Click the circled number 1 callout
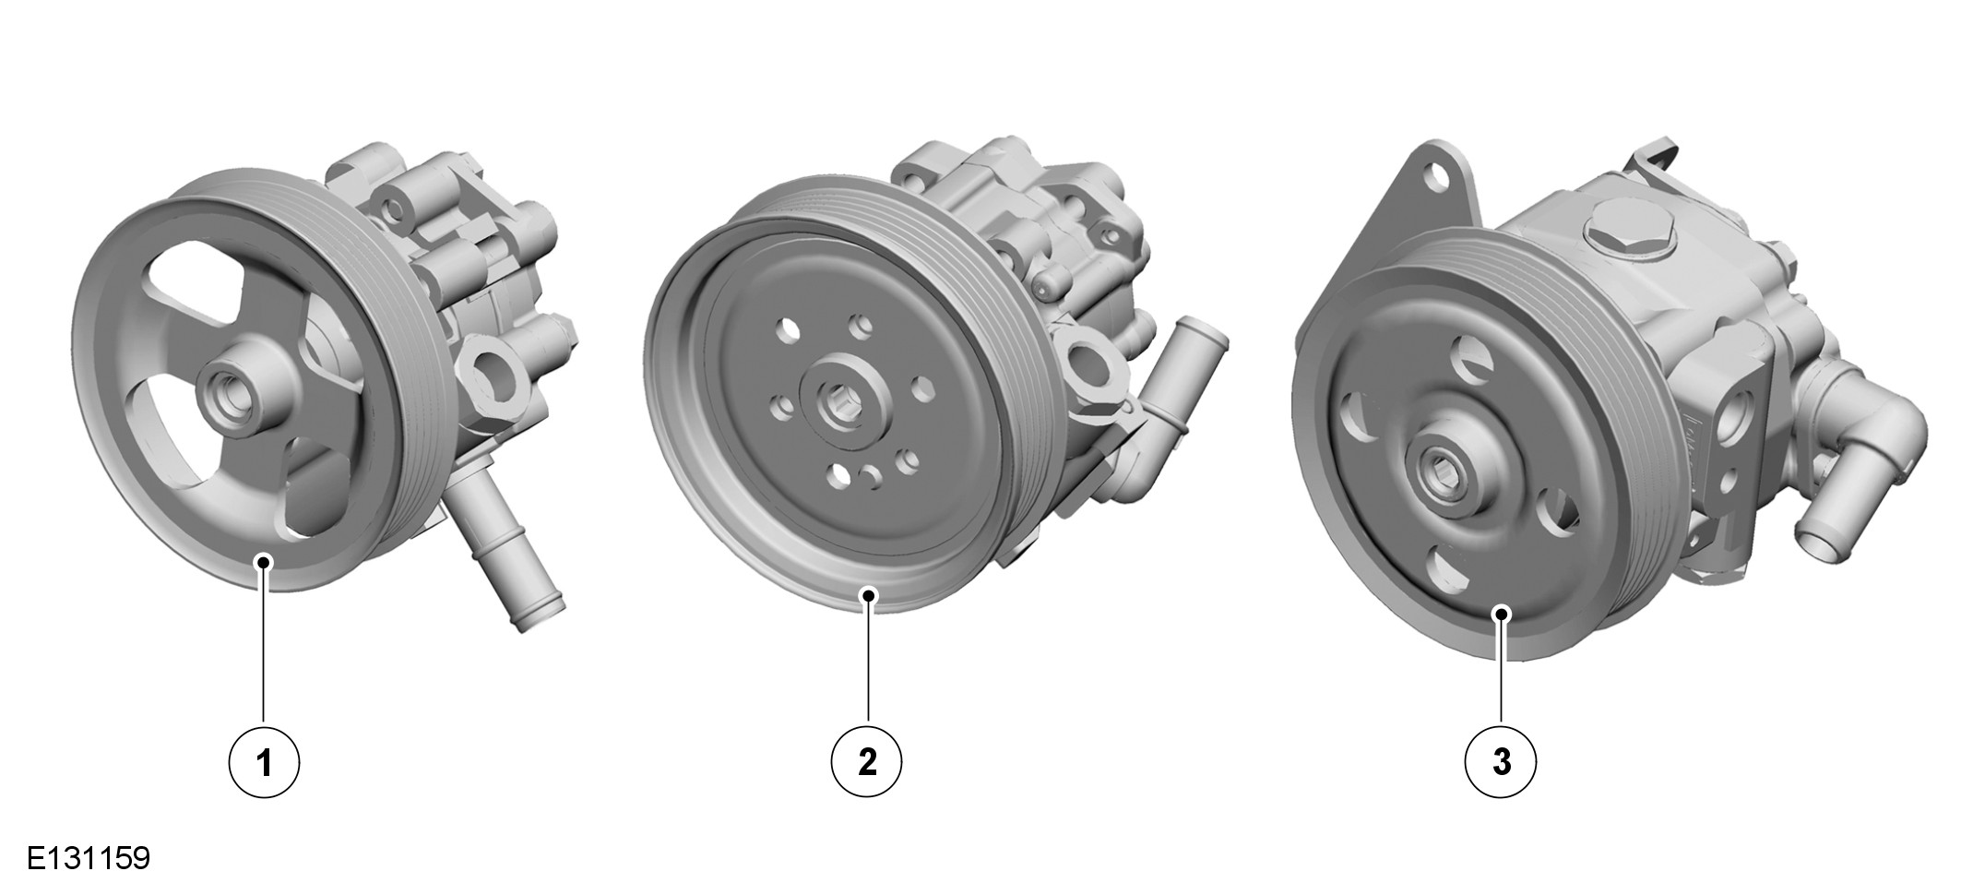coord(264,763)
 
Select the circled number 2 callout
coord(867,763)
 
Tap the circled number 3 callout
coord(1502,763)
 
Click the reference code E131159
coord(88,858)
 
